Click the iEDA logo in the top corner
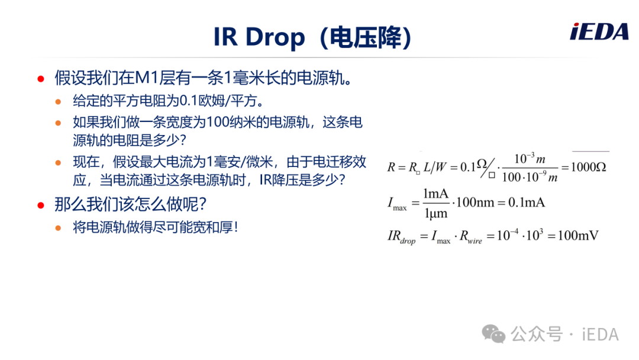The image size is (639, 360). point(599,32)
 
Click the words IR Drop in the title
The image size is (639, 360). point(259,37)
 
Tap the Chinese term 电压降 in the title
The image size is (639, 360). point(365,37)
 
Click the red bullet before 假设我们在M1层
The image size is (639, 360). point(41,79)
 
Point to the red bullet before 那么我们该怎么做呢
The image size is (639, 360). point(41,205)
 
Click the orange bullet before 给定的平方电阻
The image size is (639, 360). point(58,101)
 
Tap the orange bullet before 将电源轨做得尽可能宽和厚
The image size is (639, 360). point(58,228)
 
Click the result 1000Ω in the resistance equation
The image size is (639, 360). point(589,167)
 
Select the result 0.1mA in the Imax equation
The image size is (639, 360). point(527,202)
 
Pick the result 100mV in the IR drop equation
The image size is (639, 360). point(578,235)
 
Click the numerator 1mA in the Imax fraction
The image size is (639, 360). point(435,194)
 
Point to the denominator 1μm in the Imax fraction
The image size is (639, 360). point(435,213)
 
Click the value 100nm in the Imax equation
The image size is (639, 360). point(475,202)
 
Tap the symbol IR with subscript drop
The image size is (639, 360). point(401,236)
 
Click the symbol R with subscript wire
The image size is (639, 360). point(471,237)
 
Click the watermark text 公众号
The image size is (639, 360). point(537,335)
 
